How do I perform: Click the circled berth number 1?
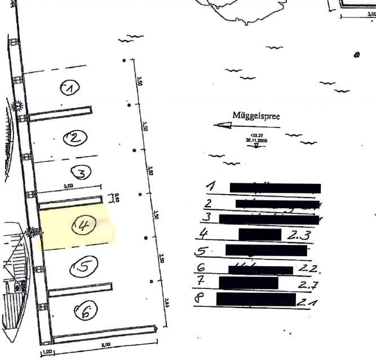[x=70, y=87]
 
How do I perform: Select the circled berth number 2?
[x=75, y=137]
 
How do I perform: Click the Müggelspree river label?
[x=256, y=116]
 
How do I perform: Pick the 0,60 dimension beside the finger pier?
[x=118, y=199]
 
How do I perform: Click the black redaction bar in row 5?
[x=266, y=250]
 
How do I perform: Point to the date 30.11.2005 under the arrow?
[x=256, y=139]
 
